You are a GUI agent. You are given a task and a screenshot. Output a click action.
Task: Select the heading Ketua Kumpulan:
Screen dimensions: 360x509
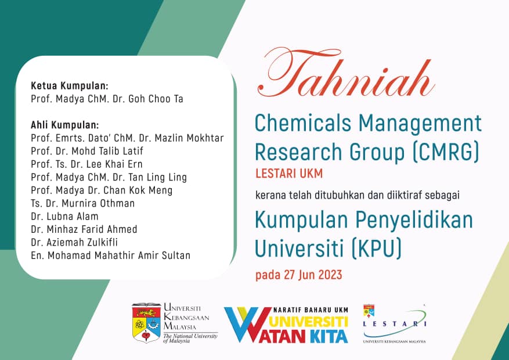pyautogui.click(x=70, y=86)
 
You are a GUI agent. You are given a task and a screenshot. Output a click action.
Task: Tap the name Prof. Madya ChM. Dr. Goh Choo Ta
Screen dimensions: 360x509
pyautogui.click(x=107, y=99)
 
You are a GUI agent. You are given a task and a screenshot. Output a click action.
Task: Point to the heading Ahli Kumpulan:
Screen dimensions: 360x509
pyautogui.click(x=65, y=125)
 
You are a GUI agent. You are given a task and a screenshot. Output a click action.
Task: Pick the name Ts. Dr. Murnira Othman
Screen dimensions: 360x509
pyautogui.click(x=82, y=203)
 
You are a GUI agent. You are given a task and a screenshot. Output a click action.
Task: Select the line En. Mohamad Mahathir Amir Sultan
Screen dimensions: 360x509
pyautogui.click(x=110, y=255)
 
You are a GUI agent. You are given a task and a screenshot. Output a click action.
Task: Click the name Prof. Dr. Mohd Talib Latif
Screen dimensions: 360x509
pyautogui.click(x=88, y=151)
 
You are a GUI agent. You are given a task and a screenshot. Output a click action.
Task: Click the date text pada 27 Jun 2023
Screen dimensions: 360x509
pyautogui.click(x=298, y=275)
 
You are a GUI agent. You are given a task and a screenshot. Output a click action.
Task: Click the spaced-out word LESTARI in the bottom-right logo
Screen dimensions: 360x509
pyautogui.click(x=394, y=325)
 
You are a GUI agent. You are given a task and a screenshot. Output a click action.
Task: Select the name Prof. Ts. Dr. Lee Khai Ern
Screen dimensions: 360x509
pyautogui.click(x=86, y=164)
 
